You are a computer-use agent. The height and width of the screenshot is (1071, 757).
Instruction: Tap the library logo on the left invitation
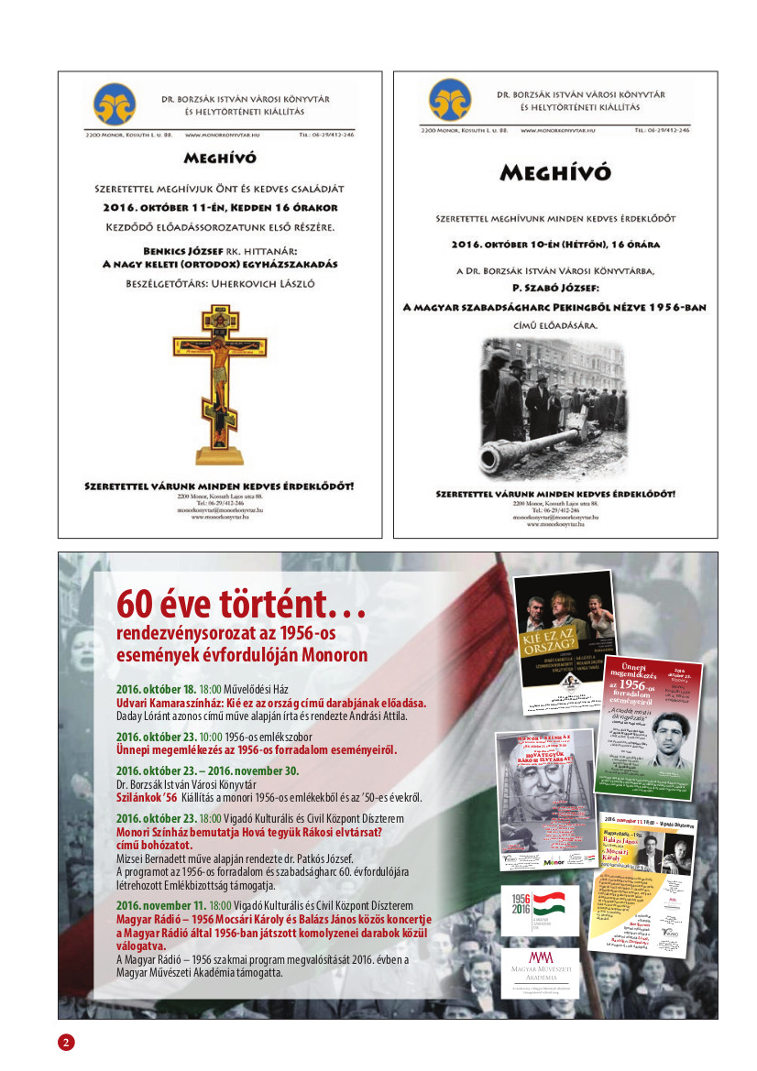point(115,104)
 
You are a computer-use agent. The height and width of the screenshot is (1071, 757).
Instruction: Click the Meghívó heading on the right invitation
point(555,171)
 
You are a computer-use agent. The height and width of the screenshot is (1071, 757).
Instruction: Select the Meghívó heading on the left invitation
point(219,158)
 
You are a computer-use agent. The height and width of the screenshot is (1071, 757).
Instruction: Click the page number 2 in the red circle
point(67,1043)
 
